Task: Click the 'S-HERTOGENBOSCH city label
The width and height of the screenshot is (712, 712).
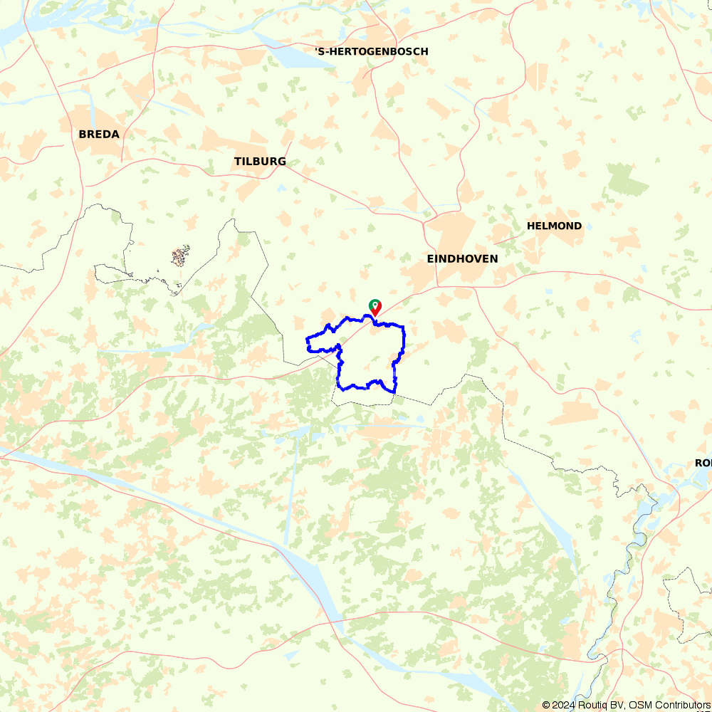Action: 372,51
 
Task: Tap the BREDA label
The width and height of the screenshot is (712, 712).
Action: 99,134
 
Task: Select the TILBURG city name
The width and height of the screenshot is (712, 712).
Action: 260,162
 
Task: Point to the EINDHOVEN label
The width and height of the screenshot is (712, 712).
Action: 462,258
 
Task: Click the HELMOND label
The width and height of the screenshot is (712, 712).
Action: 554,226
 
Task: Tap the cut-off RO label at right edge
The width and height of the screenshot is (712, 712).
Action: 703,463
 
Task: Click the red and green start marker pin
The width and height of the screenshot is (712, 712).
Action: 375,307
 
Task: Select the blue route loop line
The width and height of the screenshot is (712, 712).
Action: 404,342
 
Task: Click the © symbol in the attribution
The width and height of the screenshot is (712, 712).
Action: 546,705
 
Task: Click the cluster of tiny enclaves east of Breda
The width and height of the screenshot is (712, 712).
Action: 181,256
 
